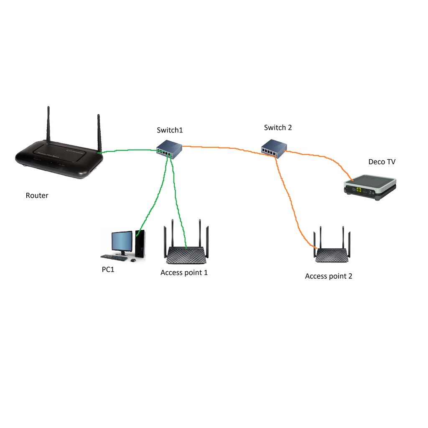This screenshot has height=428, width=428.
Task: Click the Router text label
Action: point(37,195)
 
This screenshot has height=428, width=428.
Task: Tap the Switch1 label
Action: point(170,130)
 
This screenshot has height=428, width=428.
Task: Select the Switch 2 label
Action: point(278,127)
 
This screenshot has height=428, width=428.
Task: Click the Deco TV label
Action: point(382,162)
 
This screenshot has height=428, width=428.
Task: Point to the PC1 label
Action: point(108,270)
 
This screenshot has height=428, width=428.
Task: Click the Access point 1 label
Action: point(184,273)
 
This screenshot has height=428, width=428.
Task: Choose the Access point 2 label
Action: point(329,276)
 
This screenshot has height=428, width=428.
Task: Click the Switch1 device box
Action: point(169,149)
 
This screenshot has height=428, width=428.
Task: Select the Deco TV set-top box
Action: point(370,188)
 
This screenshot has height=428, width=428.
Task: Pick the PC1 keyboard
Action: point(114,258)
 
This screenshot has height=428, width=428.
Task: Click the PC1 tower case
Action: point(140,244)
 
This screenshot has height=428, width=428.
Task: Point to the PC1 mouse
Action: point(133,260)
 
